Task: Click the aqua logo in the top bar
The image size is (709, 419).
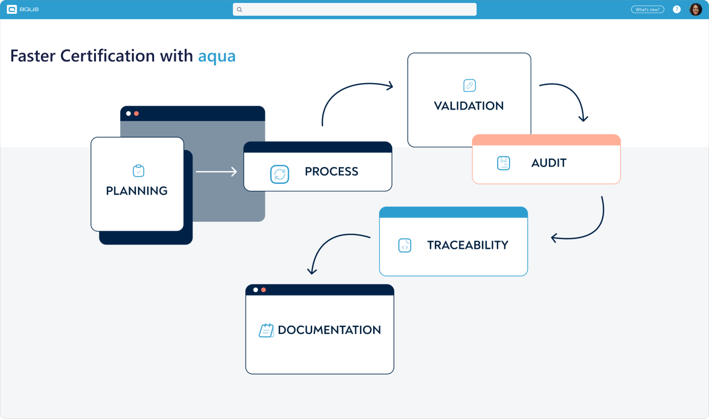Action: click(23, 9)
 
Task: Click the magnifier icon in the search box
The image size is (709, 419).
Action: click(239, 10)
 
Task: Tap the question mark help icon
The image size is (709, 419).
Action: click(677, 9)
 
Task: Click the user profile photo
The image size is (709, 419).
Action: click(695, 9)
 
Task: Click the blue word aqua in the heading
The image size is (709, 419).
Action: click(217, 56)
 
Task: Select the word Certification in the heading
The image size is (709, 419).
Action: click(107, 56)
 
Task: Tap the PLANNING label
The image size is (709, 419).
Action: click(137, 191)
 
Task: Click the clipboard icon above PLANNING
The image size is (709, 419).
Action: click(138, 171)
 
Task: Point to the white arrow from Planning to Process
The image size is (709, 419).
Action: click(216, 172)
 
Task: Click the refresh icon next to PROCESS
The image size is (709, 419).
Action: click(279, 174)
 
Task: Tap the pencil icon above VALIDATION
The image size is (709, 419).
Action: click(469, 85)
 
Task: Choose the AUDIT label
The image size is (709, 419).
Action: click(549, 163)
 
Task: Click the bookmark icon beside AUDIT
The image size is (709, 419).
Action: click(503, 163)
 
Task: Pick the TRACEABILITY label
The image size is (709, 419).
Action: click(468, 245)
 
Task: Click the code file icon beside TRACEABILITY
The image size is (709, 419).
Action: click(405, 245)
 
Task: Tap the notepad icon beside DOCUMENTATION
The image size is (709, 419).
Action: click(266, 330)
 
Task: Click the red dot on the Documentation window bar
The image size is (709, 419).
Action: click(263, 290)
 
